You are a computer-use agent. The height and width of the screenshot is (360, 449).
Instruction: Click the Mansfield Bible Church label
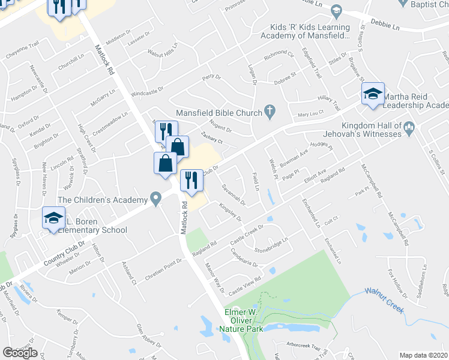(x=218, y=113)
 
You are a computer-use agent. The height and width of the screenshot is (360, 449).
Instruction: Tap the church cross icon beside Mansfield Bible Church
(x=270, y=111)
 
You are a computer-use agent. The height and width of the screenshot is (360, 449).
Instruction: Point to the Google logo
(x=20, y=353)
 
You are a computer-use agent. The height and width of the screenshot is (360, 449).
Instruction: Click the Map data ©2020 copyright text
(x=424, y=355)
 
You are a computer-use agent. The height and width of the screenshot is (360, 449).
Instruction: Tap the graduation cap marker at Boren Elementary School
(x=53, y=218)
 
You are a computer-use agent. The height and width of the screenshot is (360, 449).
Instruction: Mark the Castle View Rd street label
(x=244, y=284)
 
